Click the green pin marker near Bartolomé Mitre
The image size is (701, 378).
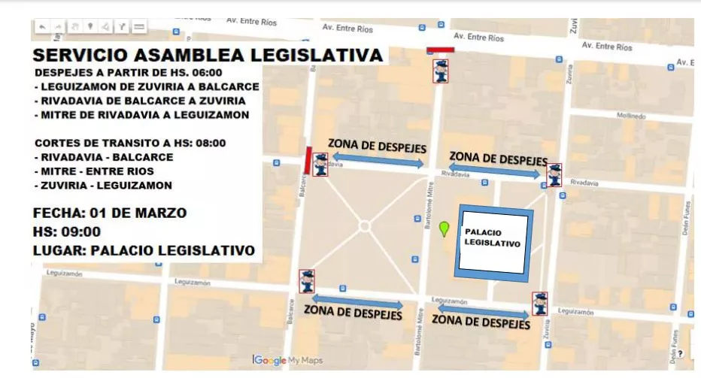click(444, 228)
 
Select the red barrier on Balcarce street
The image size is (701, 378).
click(306, 159)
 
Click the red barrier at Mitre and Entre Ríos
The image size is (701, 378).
click(440, 50)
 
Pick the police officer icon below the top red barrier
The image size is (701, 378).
click(441, 71)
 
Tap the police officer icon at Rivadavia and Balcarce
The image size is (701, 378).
click(320, 165)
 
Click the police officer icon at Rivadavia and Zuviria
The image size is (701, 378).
click(554, 175)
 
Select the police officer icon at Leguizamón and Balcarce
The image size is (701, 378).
click(306, 281)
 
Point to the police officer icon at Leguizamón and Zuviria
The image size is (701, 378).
click(539, 304)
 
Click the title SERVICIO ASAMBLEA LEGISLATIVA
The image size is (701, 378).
click(208, 56)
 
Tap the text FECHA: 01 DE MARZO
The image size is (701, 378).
click(110, 213)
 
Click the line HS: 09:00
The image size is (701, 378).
click(67, 231)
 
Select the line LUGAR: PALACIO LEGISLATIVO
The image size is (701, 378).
click(144, 250)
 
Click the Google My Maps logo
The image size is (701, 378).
click(288, 361)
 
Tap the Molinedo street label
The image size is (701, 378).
click(630, 116)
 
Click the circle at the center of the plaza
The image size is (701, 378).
click(364, 225)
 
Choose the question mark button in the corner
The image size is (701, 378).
click(680, 353)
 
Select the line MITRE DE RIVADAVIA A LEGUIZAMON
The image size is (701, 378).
click(141, 115)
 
